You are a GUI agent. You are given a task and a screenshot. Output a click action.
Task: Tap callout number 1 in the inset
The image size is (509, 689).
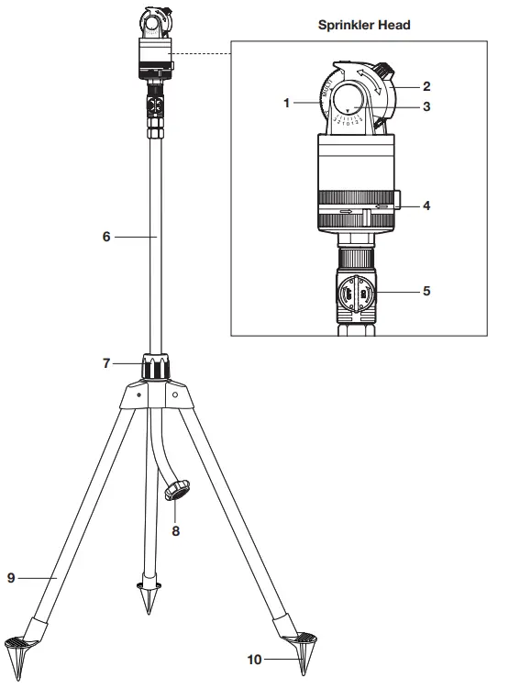point(287,103)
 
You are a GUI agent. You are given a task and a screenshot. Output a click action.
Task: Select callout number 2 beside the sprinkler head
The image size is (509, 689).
point(426,85)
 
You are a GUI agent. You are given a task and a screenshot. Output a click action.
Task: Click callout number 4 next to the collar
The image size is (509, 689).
point(426,206)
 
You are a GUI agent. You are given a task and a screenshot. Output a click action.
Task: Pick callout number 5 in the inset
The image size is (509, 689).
point(426,293)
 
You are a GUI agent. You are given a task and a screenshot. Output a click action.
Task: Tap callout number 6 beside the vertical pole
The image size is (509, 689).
point(106,236)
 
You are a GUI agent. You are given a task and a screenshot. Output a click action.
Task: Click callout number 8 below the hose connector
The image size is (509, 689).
point(176,529)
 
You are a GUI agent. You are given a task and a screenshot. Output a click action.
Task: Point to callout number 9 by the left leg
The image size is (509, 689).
point(13,577)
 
